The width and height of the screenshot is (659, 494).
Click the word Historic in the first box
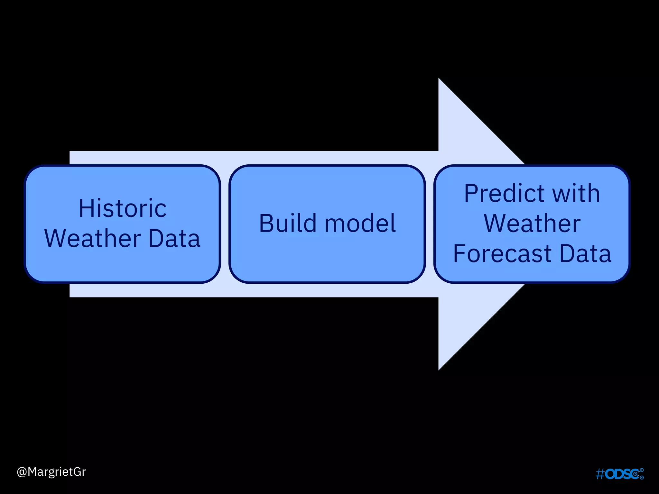click(x=123, y=208)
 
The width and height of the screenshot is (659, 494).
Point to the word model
click(x=360, y=223)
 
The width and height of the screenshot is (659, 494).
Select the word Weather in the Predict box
click(x=532, y=224)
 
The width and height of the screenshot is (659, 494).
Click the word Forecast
click(x=502, y=253)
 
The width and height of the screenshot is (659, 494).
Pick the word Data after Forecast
click(x=585, y=253)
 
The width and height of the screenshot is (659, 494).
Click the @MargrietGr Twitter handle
click(x=51, y=472)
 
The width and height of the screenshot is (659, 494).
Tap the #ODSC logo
click(x=619, y=474)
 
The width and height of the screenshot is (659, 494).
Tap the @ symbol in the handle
click(x=22, y=472)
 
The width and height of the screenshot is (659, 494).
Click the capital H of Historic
click(x=86, y=208)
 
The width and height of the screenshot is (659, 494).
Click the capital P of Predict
click(x=471, y=194)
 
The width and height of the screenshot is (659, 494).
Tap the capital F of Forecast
click(x=459, y=253)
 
